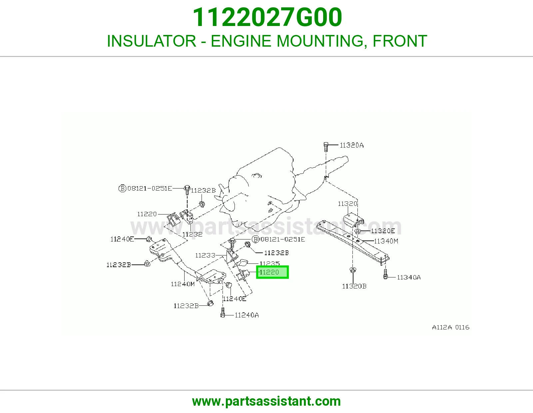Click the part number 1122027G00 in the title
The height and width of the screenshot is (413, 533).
point(267,17)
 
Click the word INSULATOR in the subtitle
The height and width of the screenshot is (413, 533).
point(152,41)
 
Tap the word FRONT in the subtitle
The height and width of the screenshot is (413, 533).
point(400,41)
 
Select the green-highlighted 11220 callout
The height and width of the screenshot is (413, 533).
point(272,272)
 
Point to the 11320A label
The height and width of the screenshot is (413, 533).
point(352,146)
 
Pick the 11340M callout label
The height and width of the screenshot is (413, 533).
point(386,241)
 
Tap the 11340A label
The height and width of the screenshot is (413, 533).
point(409,277)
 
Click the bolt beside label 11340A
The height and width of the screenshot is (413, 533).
point(385,274)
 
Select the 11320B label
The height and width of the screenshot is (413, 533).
point(354,286)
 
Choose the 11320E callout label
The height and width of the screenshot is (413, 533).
point(383,231)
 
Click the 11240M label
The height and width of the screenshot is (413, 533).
point(183,284)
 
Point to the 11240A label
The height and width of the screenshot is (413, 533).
point(247,315)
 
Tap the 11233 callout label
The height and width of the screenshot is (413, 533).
point(205,255)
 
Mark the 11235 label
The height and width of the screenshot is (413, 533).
point(269,263)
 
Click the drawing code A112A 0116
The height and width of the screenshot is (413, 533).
point(451,327)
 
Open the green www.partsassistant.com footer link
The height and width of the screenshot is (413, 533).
point(266,401)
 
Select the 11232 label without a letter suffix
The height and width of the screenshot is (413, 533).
point(192,234)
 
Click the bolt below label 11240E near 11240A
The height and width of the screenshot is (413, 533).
point(223,312)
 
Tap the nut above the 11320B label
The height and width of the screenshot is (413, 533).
point(353,270)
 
